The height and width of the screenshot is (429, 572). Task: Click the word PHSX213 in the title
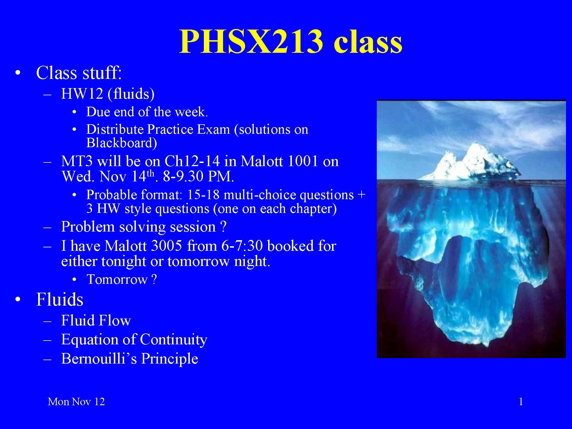[x=251, y=42]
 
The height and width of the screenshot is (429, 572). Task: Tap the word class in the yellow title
[x=368, y=42]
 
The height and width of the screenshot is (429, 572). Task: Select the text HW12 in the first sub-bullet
[x=82, y=94]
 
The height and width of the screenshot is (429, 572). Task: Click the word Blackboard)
[x=122, y=143]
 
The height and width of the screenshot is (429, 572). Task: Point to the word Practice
[x=170, y=129]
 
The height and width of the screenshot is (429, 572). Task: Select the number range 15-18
[x=203, y=195]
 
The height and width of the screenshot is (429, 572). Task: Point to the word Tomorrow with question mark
[x=122, y=279]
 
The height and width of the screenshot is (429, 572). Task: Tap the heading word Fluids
[x=60, y=299]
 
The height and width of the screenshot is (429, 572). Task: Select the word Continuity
[x=173, y=340]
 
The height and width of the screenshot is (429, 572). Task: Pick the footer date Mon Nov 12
[x=76, y=401]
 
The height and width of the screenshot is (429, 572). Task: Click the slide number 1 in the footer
[x=521, y=401]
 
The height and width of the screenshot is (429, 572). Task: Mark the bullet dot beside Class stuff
[x=18, y=73]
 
